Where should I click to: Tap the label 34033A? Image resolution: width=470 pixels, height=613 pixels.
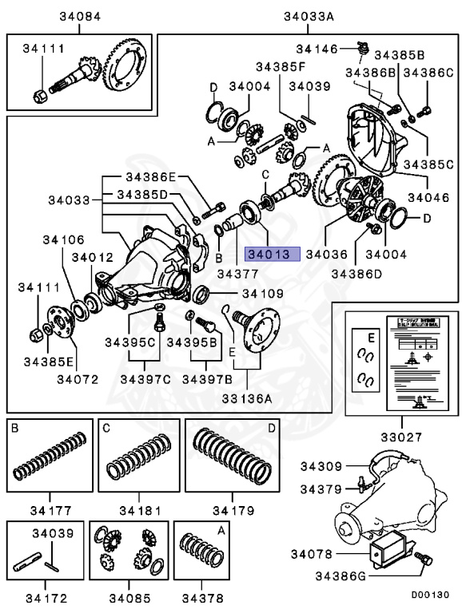[x=308, y=17]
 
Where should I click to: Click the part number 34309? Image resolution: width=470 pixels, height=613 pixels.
[x=321, y=466]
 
